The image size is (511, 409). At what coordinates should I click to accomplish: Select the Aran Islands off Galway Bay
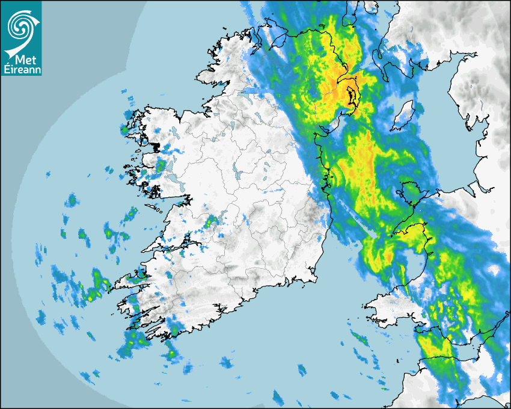coord(153,209)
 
